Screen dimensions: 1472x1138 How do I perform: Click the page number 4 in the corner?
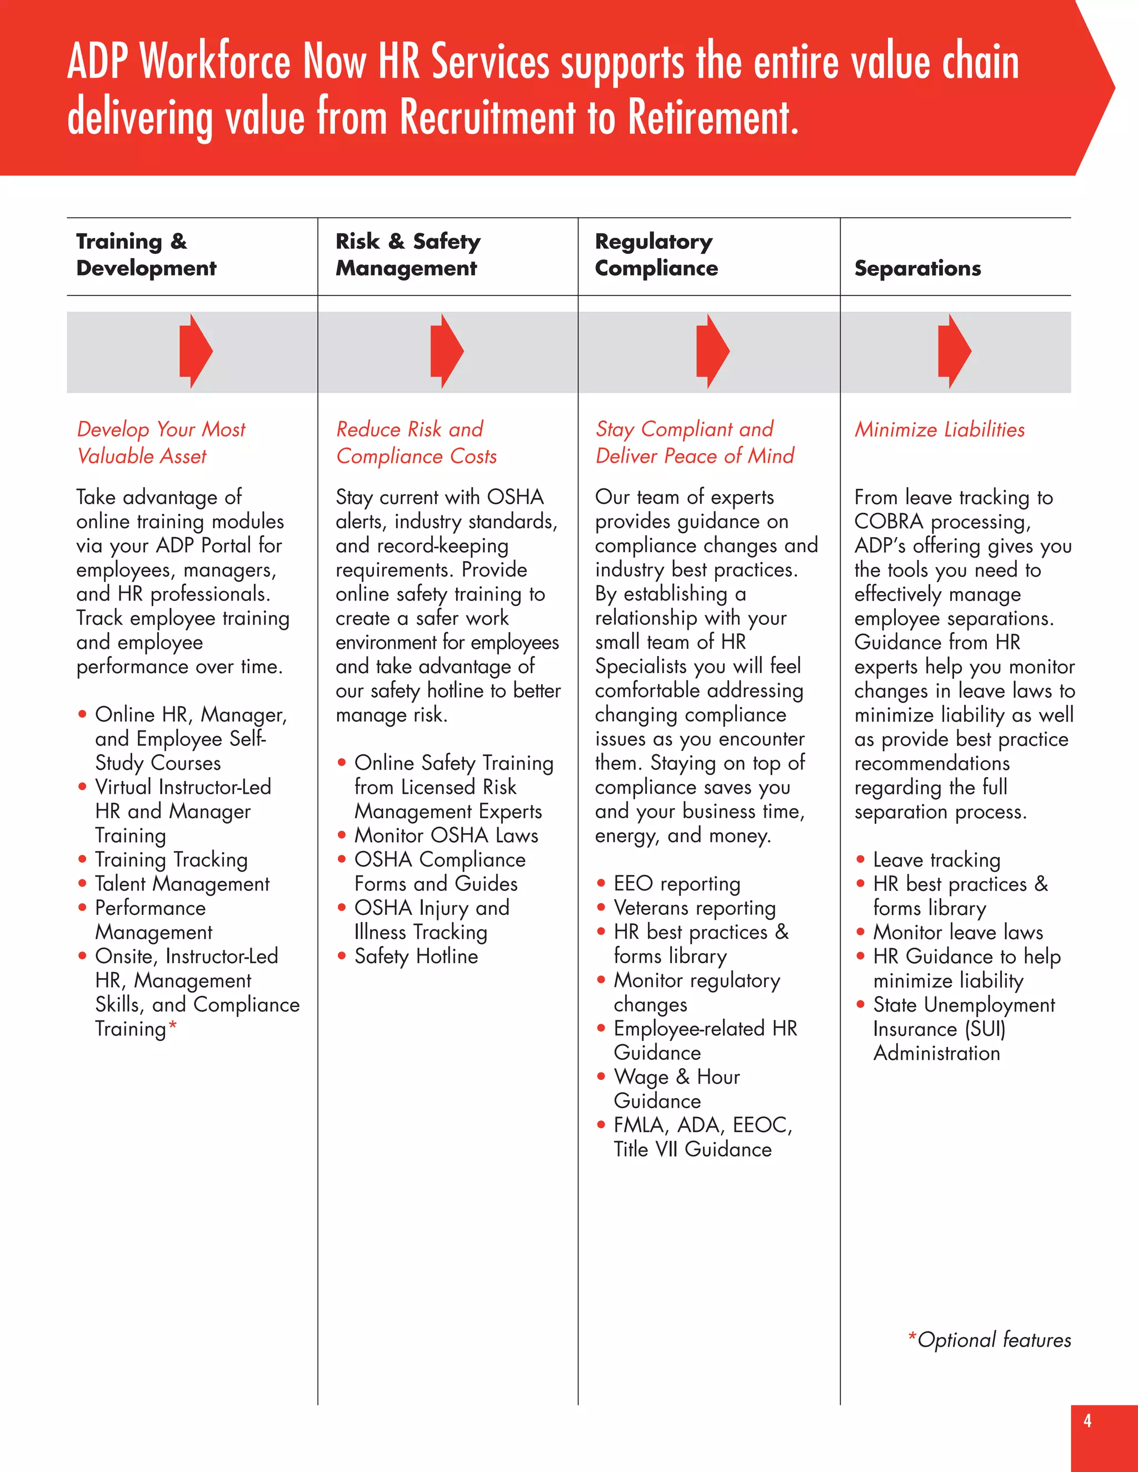click(x=1087, y=1421)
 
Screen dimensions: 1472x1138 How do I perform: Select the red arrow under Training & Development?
click(x=196, y=351)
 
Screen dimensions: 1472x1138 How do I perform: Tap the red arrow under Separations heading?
click(x=954, y=351)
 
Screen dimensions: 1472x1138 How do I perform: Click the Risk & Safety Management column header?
click(x=408, y=255)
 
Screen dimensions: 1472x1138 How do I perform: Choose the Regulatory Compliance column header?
click(x=656, y=255)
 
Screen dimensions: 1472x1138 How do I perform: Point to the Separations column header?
click(x=917, y=268)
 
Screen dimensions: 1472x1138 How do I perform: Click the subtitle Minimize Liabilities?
click(x=939, y=429)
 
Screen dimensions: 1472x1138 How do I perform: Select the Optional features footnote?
click(x=990, y=1340)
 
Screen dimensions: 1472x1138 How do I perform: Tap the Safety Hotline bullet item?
click(x=416, y=957)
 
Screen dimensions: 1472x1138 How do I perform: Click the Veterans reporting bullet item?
click(x=695, y=908)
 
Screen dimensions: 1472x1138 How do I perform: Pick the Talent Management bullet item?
click(x=182, y=884)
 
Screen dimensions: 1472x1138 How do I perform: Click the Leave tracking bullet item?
click(x=936, y=860)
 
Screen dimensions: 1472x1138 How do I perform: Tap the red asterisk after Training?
click(x=173, y=1026)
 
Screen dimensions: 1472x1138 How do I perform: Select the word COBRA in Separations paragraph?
click(x=888, y=522)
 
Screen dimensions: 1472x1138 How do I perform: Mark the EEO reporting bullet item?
click(x=677, y=884)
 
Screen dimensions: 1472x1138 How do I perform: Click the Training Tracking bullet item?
click(x=171, y=860)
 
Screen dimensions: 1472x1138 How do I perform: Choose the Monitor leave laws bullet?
click(x=958, y=932)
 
